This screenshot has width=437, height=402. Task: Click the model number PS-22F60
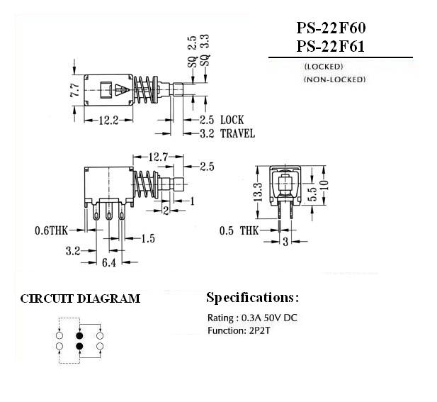tap(331, 28)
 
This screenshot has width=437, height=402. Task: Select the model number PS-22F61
tap(331, 46)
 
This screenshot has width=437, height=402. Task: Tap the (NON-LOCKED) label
tap(334, 79)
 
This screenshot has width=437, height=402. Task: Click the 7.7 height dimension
tap(75, 90)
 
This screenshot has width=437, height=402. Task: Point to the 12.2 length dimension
tap(108, 121)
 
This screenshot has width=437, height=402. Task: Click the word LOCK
tap(232, 120)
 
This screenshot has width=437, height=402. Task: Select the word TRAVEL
tap(237, 133)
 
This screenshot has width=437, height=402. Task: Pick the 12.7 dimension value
tap(158, 157)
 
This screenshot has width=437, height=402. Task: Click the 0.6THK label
tap(51, 230)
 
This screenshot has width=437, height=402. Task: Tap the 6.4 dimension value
tap(108, 262)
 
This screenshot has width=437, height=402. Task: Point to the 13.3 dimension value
tap(258, 192)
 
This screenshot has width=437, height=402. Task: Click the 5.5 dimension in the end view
tap(314, 194)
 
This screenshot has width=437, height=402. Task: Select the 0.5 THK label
tap(239, 230)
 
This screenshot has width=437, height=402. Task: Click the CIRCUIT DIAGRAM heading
tap(80, 298)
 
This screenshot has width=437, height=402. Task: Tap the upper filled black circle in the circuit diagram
tap(80, 335)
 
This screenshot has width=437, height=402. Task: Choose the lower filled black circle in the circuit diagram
tap(80, 347)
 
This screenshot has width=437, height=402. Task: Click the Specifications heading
tap(252, 298)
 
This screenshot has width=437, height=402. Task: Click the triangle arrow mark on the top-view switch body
tap(123, 90)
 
